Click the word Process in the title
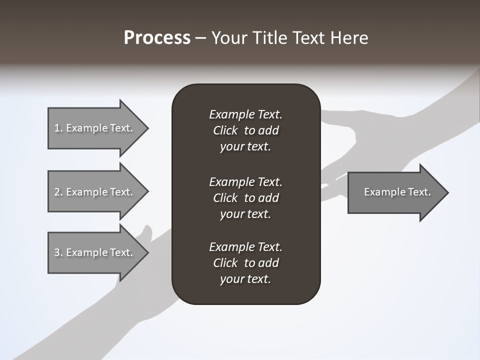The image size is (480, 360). [x=157, y=38]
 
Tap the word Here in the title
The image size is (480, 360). [x=348, y=38]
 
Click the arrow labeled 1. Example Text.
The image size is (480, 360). [x=95, y=128]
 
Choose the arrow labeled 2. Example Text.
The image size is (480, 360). [x=95, y=192]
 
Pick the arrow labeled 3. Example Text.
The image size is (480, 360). [x=95, y=252]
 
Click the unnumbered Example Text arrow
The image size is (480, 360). [x=395, y=192]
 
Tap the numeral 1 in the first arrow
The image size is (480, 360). [x=56, y=128]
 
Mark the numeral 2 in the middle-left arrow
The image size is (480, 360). [x=56, y=192]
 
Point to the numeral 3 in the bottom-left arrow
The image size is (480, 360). [x=56, y=252]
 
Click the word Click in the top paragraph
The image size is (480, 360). [x=225, y=130]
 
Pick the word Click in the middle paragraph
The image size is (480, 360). [x=225, y=198]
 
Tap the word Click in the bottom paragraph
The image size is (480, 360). [x=225, y=263]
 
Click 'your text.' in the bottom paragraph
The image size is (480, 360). [x=245, y=279]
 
